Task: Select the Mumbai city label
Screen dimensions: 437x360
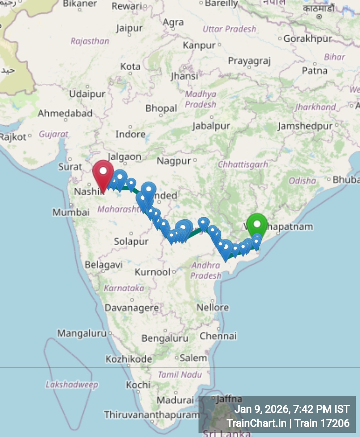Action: click(71, 212)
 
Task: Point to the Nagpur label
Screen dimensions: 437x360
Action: click(174, 161)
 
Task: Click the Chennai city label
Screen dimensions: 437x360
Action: click(218, 336)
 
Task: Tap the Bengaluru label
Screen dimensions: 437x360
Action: click(165, 338)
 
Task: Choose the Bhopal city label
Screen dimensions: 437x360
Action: click(161, 108)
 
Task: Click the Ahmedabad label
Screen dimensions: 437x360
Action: click(65, 113)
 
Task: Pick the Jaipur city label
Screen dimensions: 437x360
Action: click(129, 28)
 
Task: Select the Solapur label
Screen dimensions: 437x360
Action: click(131, 242)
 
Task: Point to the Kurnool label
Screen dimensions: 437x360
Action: click(153, 272)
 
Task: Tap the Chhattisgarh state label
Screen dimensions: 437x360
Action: click(243, 165)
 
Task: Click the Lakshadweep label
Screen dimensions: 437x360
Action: click(72, 384)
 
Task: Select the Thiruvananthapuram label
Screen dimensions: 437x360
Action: click(152, 414)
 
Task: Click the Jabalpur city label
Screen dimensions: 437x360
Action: click(211, 126)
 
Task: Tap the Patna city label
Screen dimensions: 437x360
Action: click(314, 71)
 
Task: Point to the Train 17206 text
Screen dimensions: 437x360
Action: click(322, 423)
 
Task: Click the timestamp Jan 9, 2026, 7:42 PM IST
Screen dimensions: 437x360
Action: click(292, 409)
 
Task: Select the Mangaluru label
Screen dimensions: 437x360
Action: click(82, 333)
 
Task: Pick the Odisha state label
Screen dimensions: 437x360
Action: click(302, 181)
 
